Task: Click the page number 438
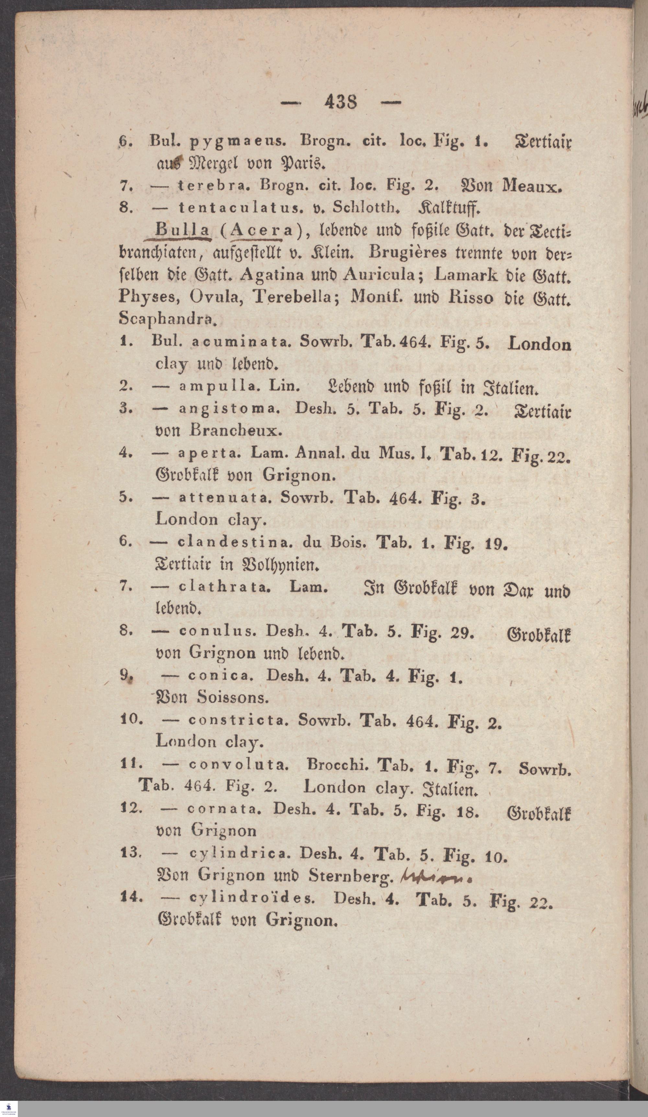(x=340, y=103)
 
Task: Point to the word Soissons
(x=233, y=698)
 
